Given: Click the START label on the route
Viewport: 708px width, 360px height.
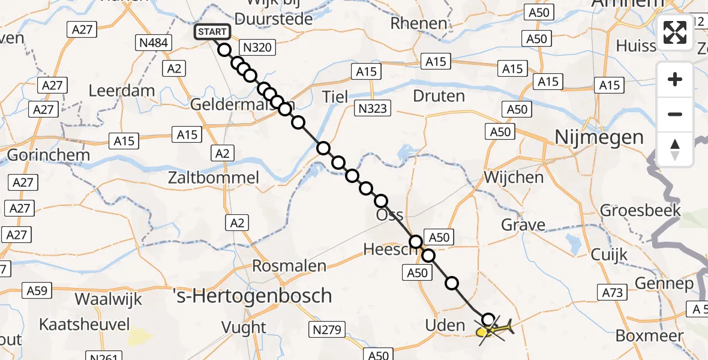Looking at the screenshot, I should click(x=212, y=32).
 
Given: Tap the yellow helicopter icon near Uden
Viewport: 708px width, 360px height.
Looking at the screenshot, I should click(x=494, y=329).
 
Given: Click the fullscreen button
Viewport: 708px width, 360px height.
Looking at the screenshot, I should click(x=675, y=32).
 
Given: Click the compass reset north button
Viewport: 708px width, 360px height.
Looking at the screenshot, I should click(x=675, y=149).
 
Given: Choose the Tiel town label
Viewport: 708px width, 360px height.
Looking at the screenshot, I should click(x=335, y=96).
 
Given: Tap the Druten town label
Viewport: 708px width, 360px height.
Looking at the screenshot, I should click(x=439, y=96).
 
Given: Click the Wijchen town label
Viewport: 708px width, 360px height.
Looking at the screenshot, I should click(x=514, y=178).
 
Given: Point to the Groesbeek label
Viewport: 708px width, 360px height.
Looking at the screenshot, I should click(x=641, y=210).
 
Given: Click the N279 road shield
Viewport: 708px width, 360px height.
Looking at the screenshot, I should click(x=327, y=329).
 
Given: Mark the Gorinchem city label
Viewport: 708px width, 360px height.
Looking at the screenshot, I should click(x=48, y=155).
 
